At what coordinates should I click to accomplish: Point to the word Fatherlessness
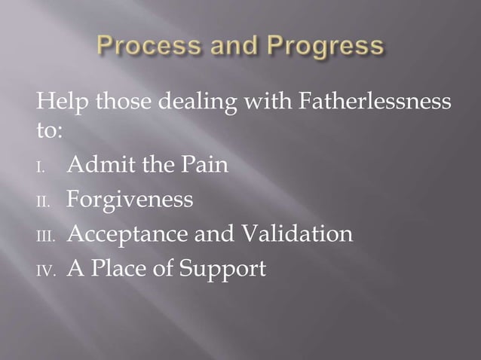[x=374, y=101]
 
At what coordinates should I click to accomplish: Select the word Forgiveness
[x=130, y=200]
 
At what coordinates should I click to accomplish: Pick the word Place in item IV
[x=118, y=269]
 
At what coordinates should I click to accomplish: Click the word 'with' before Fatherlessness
[x=262, y=101]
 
